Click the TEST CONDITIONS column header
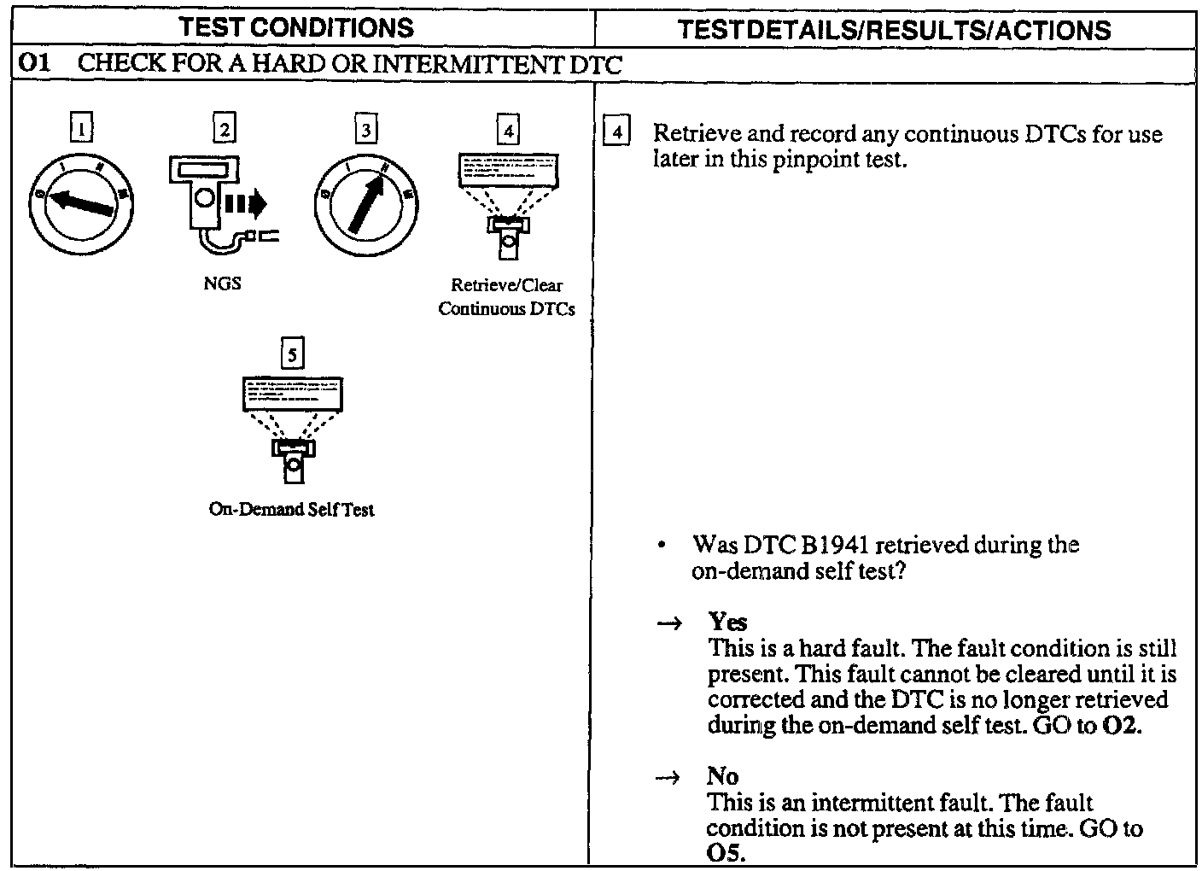pyautogui.click(x=297, y=27)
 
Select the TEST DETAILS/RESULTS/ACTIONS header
pyautogui.click(x=894, y=30)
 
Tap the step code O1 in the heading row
pyautogui.click(x=32, y=64)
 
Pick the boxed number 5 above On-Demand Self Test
pyautogui.click(x=292, y=354)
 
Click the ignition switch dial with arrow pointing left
pyautogui.click(x=82, y=202)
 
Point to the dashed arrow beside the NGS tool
pyautogui.click(x=246, y=203)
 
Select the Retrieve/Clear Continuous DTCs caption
pyautogui.click(x=506, y=296)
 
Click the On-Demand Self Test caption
pyautogui.click(x=291, y=509)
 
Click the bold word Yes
pyautogui.click(x=727, y=622)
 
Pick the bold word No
pyautogui.click(x=722, y=776)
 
